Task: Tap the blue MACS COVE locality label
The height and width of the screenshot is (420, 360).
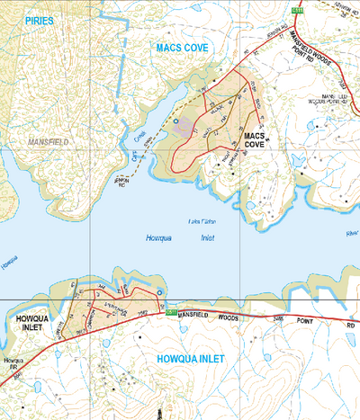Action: [183, 47]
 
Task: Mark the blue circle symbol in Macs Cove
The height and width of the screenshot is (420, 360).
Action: [176, 121]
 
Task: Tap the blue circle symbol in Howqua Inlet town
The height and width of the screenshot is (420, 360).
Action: [158, 293]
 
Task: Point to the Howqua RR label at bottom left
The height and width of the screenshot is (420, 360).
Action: [12, 363]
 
